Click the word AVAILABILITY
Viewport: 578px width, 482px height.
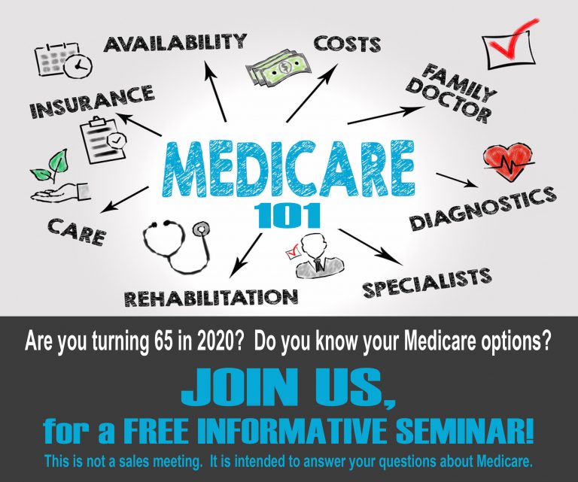coord(175,42)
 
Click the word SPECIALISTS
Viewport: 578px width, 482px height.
coord(427,281)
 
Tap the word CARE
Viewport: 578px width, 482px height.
coord(77,229)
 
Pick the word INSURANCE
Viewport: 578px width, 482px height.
coord(92,103)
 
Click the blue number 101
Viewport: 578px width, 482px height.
coord(288,215)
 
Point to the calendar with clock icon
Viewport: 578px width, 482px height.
coord(62,61)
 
